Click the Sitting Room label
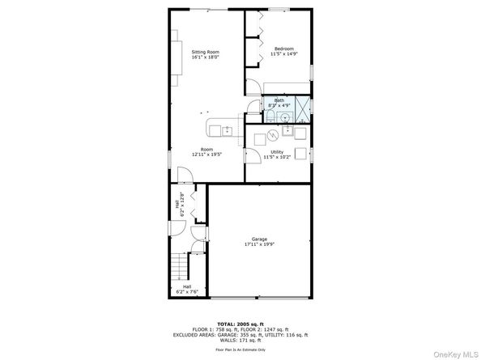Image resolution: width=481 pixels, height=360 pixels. click(205, 52)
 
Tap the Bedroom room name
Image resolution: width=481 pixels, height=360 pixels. click(283, 49)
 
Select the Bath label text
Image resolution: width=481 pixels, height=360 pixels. click(279, 100)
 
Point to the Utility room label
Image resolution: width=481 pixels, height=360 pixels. click(277, 152)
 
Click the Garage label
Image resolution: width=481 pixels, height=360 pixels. click(259, 239)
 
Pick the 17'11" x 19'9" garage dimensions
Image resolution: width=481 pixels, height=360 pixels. click(259, 244)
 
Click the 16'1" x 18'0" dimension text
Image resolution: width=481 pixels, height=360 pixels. click(205, 57)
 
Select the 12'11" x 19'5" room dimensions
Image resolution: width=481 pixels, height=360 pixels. click(207, 155)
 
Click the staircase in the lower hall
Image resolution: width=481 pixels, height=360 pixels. click(181, 264)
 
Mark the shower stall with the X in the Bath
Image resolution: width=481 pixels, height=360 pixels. click(303, 105)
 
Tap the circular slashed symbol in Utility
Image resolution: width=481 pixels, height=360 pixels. click(273, 133)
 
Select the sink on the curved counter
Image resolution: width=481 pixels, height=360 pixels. click(228, 130)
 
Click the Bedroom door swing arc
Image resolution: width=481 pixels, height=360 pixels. click(253, 87)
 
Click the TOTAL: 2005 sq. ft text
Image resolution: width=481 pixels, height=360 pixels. click(240, 324)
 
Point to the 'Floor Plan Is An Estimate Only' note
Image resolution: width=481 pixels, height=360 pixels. click(240, 349)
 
